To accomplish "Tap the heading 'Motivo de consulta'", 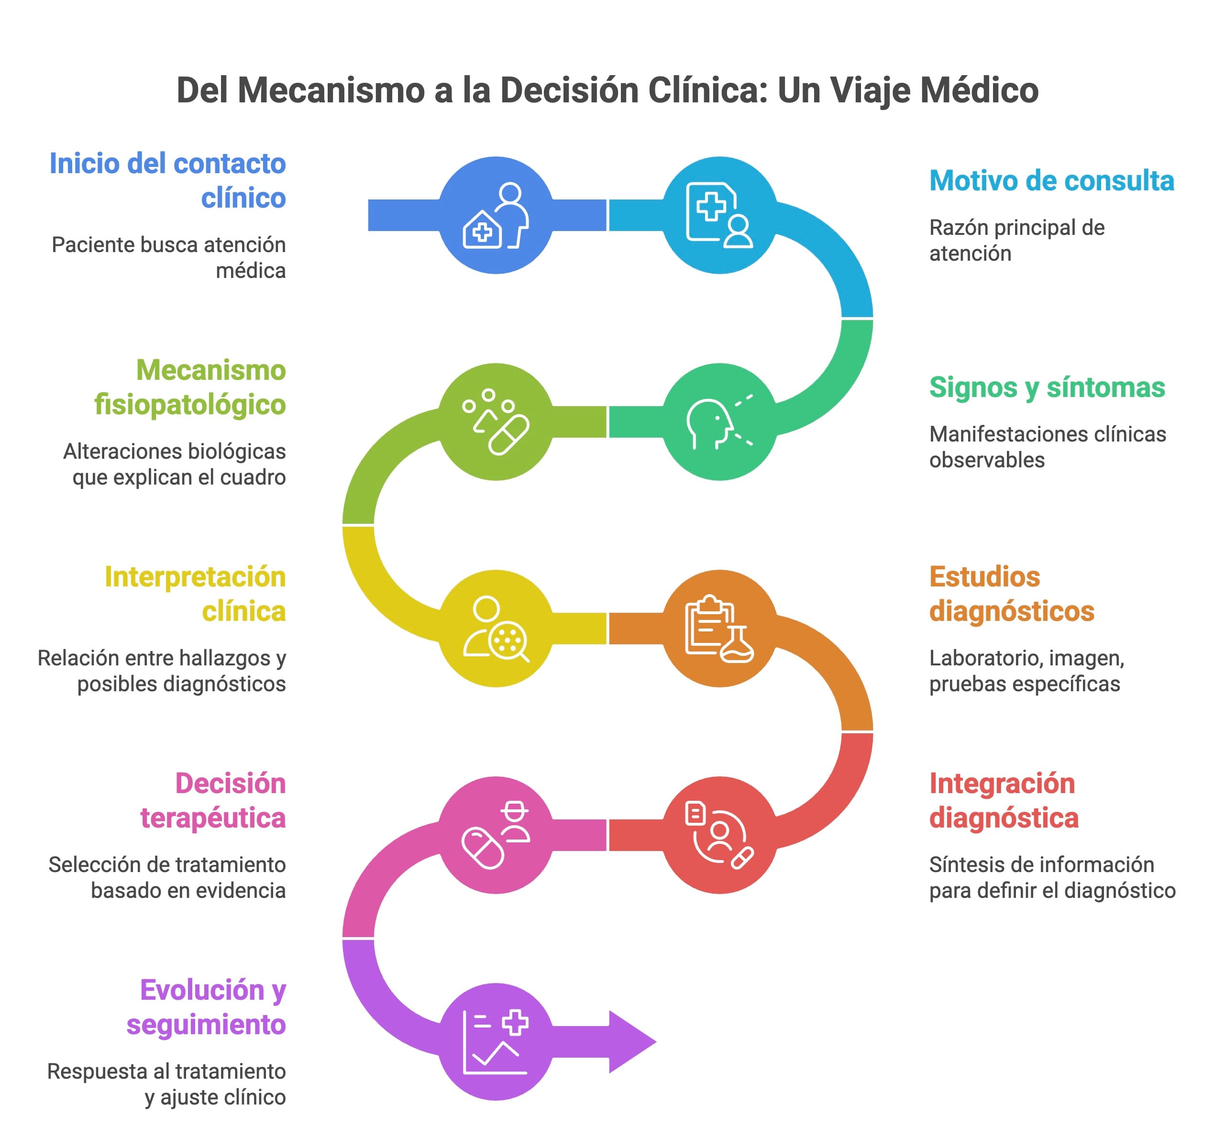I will point(1051,181).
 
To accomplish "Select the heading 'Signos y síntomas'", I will point(1046,387).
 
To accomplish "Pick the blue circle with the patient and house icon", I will point(496,215).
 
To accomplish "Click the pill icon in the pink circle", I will point(482,848).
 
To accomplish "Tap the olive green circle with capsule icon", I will point(496,422).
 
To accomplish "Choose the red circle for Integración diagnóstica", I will point(719,835).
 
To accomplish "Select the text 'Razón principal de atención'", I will point(1016,240).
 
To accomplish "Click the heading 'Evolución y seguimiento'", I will point(207,1007).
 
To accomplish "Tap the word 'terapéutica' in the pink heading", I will point(213,818).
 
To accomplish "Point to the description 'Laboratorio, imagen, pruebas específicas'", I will point(1026,671).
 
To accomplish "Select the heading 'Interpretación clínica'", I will point(195,594).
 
